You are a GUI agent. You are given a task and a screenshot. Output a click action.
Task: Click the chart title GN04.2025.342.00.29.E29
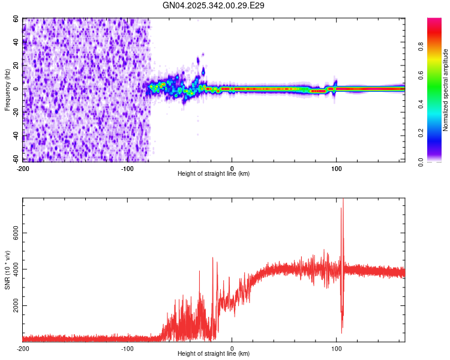coord(214,5)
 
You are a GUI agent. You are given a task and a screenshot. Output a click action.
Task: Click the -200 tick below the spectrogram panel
coord(23,168)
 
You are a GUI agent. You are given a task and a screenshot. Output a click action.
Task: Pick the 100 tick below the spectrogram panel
coord(337,168)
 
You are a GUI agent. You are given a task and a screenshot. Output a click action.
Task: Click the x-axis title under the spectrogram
coord(214,174)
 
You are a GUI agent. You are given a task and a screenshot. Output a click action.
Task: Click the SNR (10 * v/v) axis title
coord(8,271)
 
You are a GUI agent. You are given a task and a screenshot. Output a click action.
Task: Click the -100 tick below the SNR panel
coord(127,349)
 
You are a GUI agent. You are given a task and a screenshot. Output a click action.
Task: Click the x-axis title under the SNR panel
coord(214,355)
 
